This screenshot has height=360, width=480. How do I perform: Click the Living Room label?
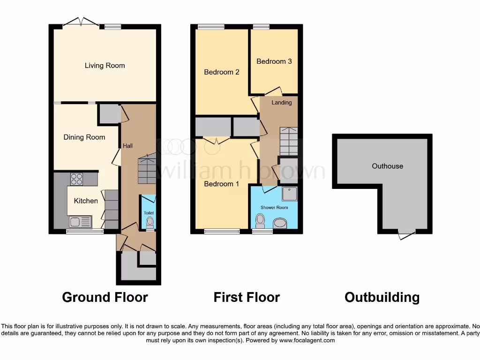[x=105, y=66]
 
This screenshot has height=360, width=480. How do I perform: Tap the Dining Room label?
[x=84, y=137]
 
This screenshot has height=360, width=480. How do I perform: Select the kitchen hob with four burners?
[x=76, y=179]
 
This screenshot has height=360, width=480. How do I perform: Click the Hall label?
[x=127, y=146]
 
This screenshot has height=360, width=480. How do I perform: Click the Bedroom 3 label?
[x=274, y=61]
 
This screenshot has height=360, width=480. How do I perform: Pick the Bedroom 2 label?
[x=222, y=72]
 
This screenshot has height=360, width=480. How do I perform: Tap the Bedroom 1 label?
[x=221, y=184]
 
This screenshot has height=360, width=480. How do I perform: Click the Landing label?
[x=282, y=103]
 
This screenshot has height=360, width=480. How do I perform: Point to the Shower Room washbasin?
[x=280, y=223]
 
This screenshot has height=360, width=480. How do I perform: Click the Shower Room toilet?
[x=260, y=220]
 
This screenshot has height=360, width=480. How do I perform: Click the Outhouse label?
[x=387, y=166]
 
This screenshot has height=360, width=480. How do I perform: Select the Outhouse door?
[x=406, y=234]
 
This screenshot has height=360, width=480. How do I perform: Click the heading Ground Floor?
[x=105, y=297]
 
